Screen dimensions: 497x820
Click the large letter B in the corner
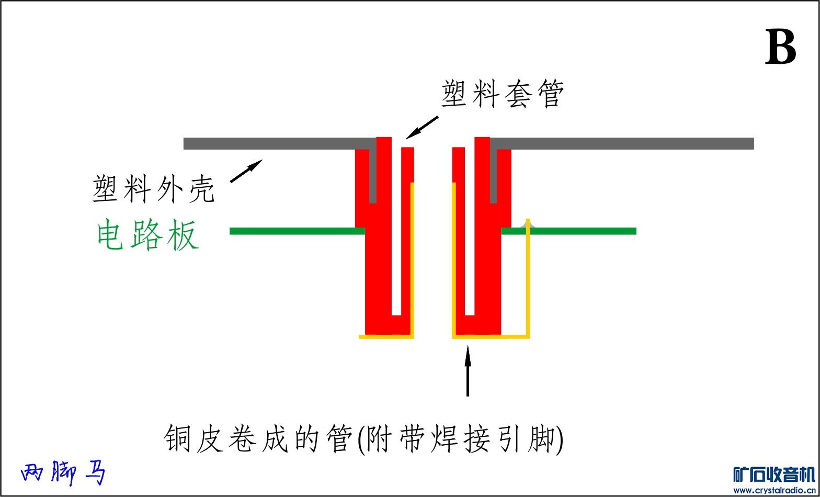pyautogui.click(x=780, y=48)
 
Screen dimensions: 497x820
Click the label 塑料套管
pyautogui.click(x=502, y=94)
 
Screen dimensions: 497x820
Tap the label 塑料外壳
pyautogui.click(x=154, y=188)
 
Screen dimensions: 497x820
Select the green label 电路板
pyautogui.click(x=148, y=235)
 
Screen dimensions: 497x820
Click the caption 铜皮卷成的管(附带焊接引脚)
pyautogui.click(x=364, y=438)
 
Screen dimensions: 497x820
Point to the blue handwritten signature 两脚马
pyautogui.click(x=63, y=473)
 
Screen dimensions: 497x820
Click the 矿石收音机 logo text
pyautogui.click(x=774, y=475)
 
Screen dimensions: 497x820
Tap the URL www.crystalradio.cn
pyautogui.click(x=774, y=490)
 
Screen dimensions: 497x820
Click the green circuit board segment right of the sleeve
pyautogui.click(x=580, y=231)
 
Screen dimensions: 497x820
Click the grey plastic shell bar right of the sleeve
pyautogui.click(x=628, y=143)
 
